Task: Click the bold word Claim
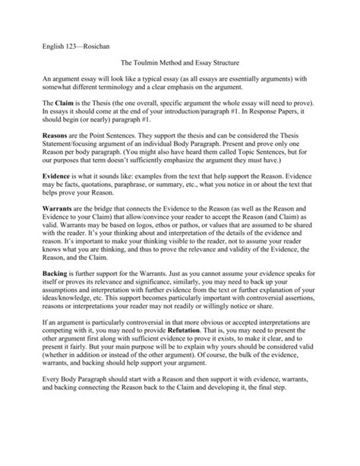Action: [x=49, y=122]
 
